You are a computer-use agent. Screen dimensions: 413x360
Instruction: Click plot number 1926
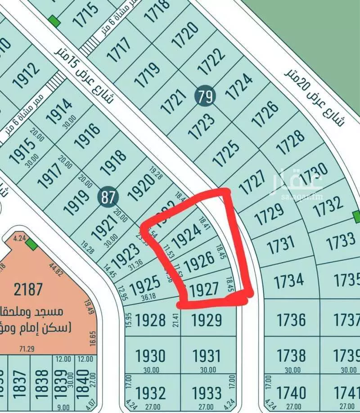[199, 262]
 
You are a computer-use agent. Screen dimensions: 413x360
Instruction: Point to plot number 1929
[207, 320]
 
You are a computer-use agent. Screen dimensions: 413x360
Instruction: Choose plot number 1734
[289, 281]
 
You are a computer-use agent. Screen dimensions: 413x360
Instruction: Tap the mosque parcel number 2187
[28, 289]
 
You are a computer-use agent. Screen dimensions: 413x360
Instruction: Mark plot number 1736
[291, 320]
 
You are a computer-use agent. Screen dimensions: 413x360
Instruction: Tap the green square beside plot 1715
[54, 21]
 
